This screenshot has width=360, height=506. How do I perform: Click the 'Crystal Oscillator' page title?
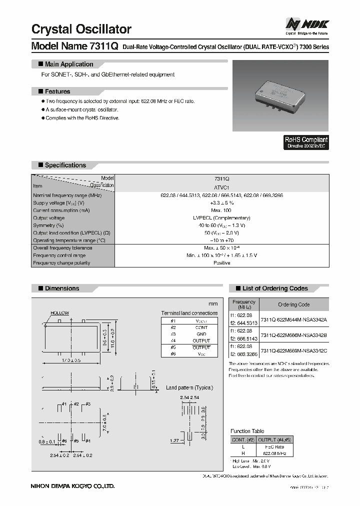tap(81, 29)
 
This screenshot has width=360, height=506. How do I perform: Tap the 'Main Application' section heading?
tap(68, 64)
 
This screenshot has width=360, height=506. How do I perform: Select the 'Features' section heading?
tap(57, 91)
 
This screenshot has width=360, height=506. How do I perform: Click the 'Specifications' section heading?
tap(65, 165)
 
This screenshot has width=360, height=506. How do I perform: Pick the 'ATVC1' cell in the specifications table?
tap(221, 186)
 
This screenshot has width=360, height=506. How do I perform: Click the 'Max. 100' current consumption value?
tap(221, 210)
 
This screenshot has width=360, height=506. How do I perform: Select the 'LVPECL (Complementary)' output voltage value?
tap(221, 218)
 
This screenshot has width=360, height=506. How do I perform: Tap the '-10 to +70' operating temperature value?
tap(221, 240)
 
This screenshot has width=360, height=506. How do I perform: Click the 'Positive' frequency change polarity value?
tap(221, 263)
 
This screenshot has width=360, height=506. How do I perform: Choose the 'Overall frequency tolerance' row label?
tap(62, 248)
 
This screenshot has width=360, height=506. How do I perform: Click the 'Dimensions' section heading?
tap(61, 288)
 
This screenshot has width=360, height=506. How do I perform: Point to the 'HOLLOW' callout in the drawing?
tap(59, 312)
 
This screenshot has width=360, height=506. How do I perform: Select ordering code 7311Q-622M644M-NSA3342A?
tap(293, 319)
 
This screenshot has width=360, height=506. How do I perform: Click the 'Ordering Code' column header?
tap(293, 304)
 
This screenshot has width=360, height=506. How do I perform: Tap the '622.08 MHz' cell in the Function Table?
tap(274, 453)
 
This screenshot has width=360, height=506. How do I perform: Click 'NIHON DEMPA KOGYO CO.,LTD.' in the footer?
tap(73, 485)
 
